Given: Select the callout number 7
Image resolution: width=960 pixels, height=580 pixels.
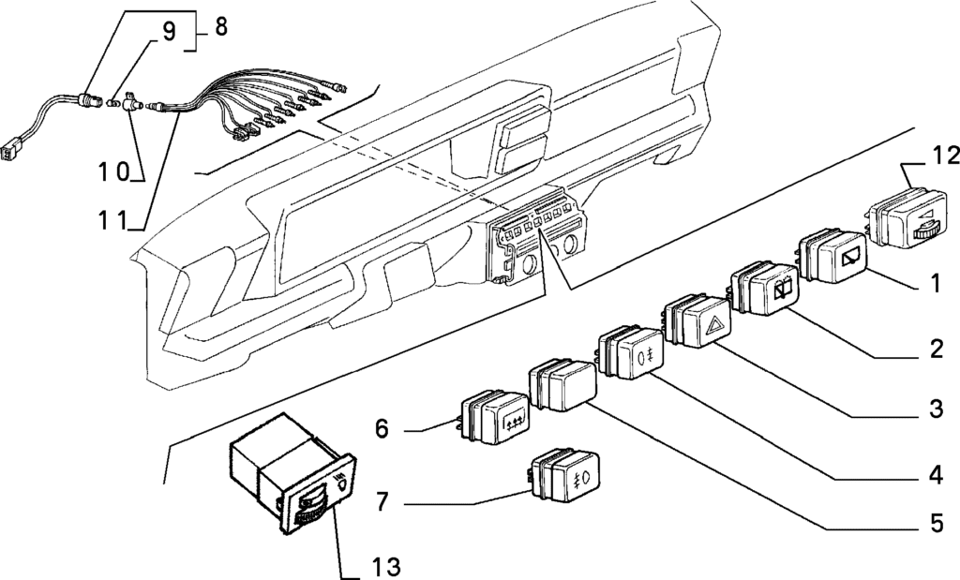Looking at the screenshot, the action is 382,502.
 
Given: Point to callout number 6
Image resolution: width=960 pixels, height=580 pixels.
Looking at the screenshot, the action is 382,429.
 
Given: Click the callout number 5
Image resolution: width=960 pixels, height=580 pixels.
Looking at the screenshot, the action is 937,523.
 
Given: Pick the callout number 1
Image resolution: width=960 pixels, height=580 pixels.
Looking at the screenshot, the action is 936,283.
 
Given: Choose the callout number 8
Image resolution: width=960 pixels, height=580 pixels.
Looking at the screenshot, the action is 220,27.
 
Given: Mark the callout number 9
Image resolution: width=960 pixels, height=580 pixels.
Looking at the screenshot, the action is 169,31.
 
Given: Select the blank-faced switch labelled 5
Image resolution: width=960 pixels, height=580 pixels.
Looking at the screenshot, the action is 562,385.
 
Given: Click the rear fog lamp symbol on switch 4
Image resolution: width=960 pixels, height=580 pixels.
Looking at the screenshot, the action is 644,356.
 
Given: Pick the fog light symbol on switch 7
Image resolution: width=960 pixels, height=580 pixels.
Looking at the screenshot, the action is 581,477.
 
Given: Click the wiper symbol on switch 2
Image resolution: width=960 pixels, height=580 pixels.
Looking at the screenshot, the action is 783,290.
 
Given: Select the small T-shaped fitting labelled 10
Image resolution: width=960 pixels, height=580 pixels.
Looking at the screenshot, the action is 130,103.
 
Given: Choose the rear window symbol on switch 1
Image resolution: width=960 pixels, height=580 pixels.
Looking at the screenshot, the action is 853,258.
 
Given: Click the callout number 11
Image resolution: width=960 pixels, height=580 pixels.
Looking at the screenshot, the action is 113,219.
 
